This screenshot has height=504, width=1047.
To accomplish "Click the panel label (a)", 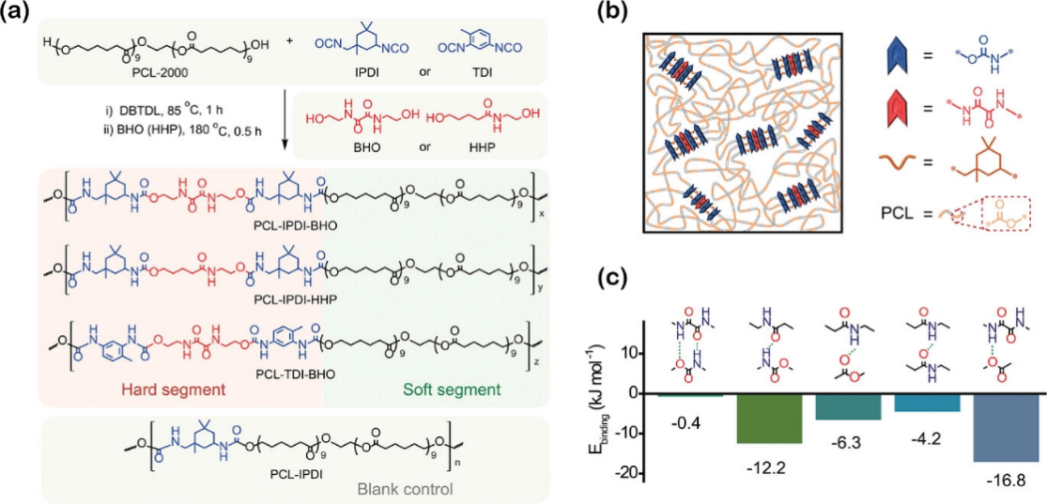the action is click(15, 10).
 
